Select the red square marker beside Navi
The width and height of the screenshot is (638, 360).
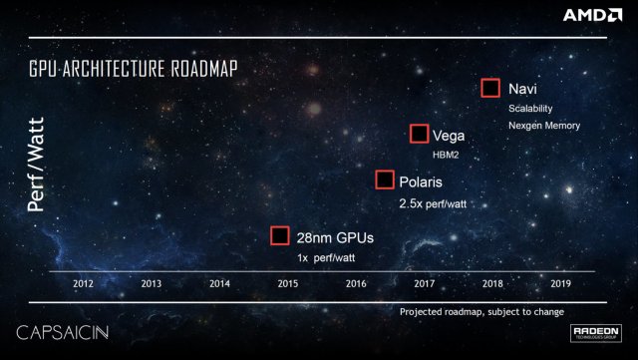coord(489,88)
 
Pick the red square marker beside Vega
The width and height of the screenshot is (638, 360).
coord(420,135)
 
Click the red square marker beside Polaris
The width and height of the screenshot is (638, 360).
coord(385,180)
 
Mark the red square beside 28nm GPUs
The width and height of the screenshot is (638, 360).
coord(280,235)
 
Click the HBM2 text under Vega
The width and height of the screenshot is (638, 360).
coord(446,155)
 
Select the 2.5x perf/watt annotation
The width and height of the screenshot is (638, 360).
coord(432,202)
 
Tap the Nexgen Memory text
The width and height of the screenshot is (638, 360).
coord(544,126)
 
